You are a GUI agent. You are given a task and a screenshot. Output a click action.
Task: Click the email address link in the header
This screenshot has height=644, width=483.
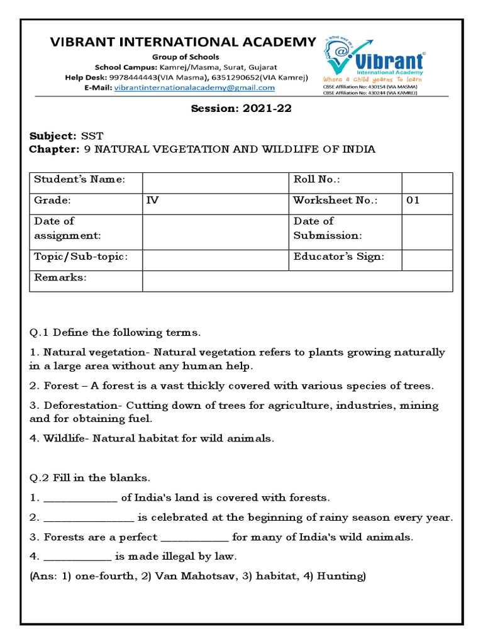pos(194,88)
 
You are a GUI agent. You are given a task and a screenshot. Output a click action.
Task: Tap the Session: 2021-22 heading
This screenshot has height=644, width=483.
pos(241,108)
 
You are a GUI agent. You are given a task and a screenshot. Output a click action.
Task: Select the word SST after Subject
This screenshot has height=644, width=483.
pos(89,136)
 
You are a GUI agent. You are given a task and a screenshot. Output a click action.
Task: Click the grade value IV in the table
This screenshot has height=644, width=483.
pos(152,201)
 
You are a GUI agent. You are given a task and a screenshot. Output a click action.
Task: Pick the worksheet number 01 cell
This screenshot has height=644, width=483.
pos(413,201)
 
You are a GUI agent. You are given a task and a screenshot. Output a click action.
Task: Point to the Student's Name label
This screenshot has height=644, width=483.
pos(80,180)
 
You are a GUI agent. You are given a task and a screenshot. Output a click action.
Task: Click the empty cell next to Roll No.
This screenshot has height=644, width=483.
pos(426,182)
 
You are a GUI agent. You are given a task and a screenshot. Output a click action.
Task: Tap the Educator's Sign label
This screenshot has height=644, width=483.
pos(338,257)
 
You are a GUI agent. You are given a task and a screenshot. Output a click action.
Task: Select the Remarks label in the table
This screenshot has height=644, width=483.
pos(60,277)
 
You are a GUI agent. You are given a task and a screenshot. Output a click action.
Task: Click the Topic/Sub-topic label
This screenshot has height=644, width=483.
pos(81,257)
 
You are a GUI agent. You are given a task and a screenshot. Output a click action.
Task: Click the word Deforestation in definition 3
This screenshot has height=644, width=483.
pos(79,406)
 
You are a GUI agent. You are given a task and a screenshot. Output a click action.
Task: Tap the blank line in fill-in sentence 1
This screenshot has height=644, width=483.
pos(80,499)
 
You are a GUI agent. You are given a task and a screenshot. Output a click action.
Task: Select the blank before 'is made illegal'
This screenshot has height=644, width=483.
pos(77,557)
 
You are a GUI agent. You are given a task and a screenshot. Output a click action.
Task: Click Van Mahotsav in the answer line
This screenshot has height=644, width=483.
pos(184,576)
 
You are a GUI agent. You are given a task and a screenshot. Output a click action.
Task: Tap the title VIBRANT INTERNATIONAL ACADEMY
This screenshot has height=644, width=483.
pos(174,42)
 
